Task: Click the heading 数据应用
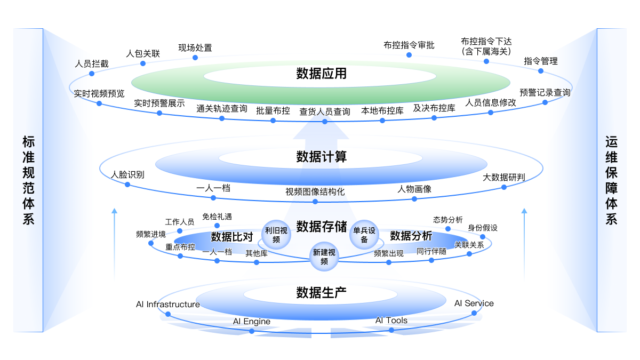click(321, 73)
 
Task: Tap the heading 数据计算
click(321, 157)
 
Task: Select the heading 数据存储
click(321, 227)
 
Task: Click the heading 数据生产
click(321, 292)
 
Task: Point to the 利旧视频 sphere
click(276, 235)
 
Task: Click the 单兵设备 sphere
click(364, 235)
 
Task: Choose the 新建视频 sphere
click(324, 257)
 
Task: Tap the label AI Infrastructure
click(167, 305)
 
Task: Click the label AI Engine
click(252, 322)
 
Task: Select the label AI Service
click(474, 303)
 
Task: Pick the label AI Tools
click(391, 321)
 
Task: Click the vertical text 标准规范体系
click(28, 180)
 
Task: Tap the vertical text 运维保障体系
click(611, 180)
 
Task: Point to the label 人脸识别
click(127, 174)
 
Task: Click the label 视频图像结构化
click(315, 191)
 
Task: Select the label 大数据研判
click(503, 177)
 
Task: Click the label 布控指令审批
click(409, 45)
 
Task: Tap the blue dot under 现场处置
click(195, 58)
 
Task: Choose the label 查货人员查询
click(324, 111)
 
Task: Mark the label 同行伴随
click(431, 251)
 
